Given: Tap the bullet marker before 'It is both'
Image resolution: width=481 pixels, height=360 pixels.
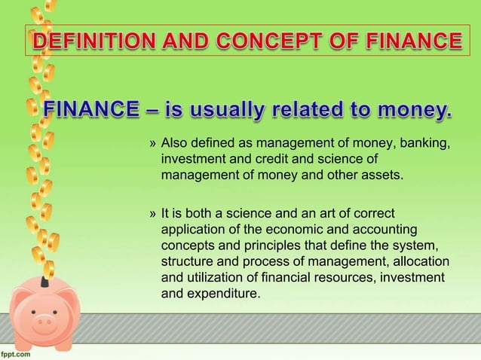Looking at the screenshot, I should (x=153, y=215).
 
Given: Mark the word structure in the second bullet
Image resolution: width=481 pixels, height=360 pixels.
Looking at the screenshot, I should (x=187, y=262).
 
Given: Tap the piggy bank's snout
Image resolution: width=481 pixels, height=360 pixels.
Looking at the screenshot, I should (x=45, y=322).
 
